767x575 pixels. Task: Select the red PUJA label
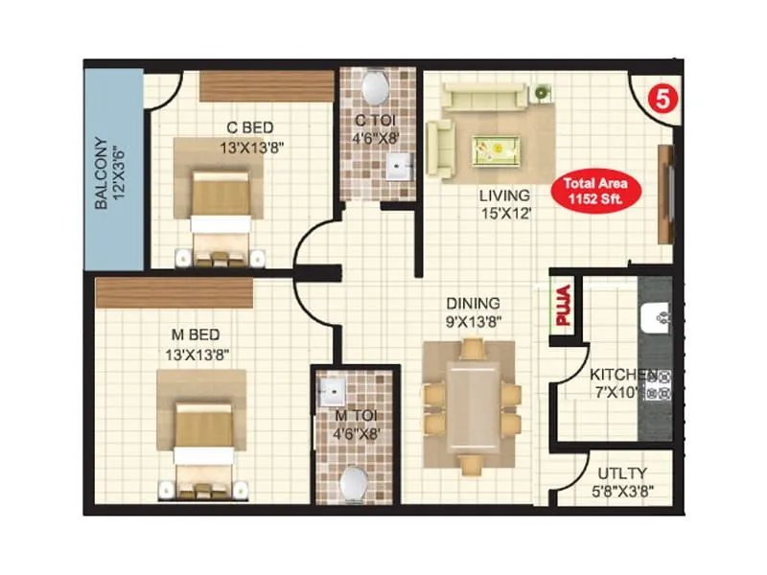pos(563,308)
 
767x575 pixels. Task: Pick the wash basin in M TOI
pos(335,390)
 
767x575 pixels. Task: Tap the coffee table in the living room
pos(496,149)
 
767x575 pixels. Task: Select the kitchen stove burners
pos(658,383)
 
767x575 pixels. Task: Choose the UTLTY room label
pos(622,472)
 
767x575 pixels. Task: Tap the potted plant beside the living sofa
pos(543,92)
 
